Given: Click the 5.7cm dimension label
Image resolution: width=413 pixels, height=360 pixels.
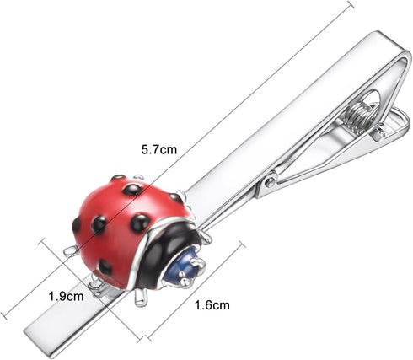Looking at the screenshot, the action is coord(159,149).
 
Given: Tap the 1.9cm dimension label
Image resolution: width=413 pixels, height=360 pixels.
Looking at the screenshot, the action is coord(66,296).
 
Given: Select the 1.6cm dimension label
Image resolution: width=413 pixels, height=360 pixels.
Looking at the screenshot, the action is coord(212,305).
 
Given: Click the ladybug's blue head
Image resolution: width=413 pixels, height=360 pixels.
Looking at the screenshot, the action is coord(184,266).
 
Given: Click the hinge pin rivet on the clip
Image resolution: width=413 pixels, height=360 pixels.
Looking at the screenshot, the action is coord(271,182).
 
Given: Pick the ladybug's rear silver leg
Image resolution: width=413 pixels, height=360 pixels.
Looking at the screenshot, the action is coord(71,250).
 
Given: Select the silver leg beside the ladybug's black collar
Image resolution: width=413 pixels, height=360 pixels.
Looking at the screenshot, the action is coord(205,238).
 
